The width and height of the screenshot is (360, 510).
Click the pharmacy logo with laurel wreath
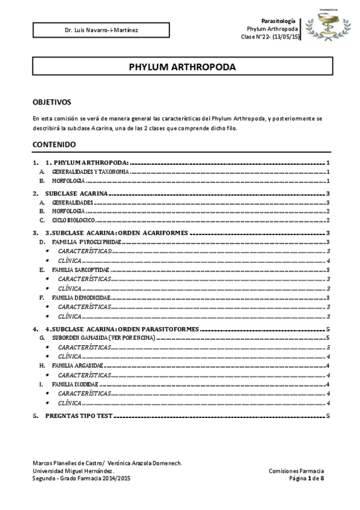pos(328,26)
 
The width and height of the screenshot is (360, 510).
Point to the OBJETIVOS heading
pos(52,102)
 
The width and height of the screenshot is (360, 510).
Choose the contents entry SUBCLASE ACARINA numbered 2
pos(76,194)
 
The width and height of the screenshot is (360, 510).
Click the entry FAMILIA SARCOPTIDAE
pos(81,270)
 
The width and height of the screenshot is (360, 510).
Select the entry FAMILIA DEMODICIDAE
pos(81,298)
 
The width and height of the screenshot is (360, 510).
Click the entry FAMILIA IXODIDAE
pos(75,384)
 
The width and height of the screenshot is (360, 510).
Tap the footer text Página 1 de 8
pos(307,478)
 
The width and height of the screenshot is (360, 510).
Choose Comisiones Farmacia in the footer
pos(296,471)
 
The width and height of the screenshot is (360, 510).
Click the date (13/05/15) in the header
pos(285,37)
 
